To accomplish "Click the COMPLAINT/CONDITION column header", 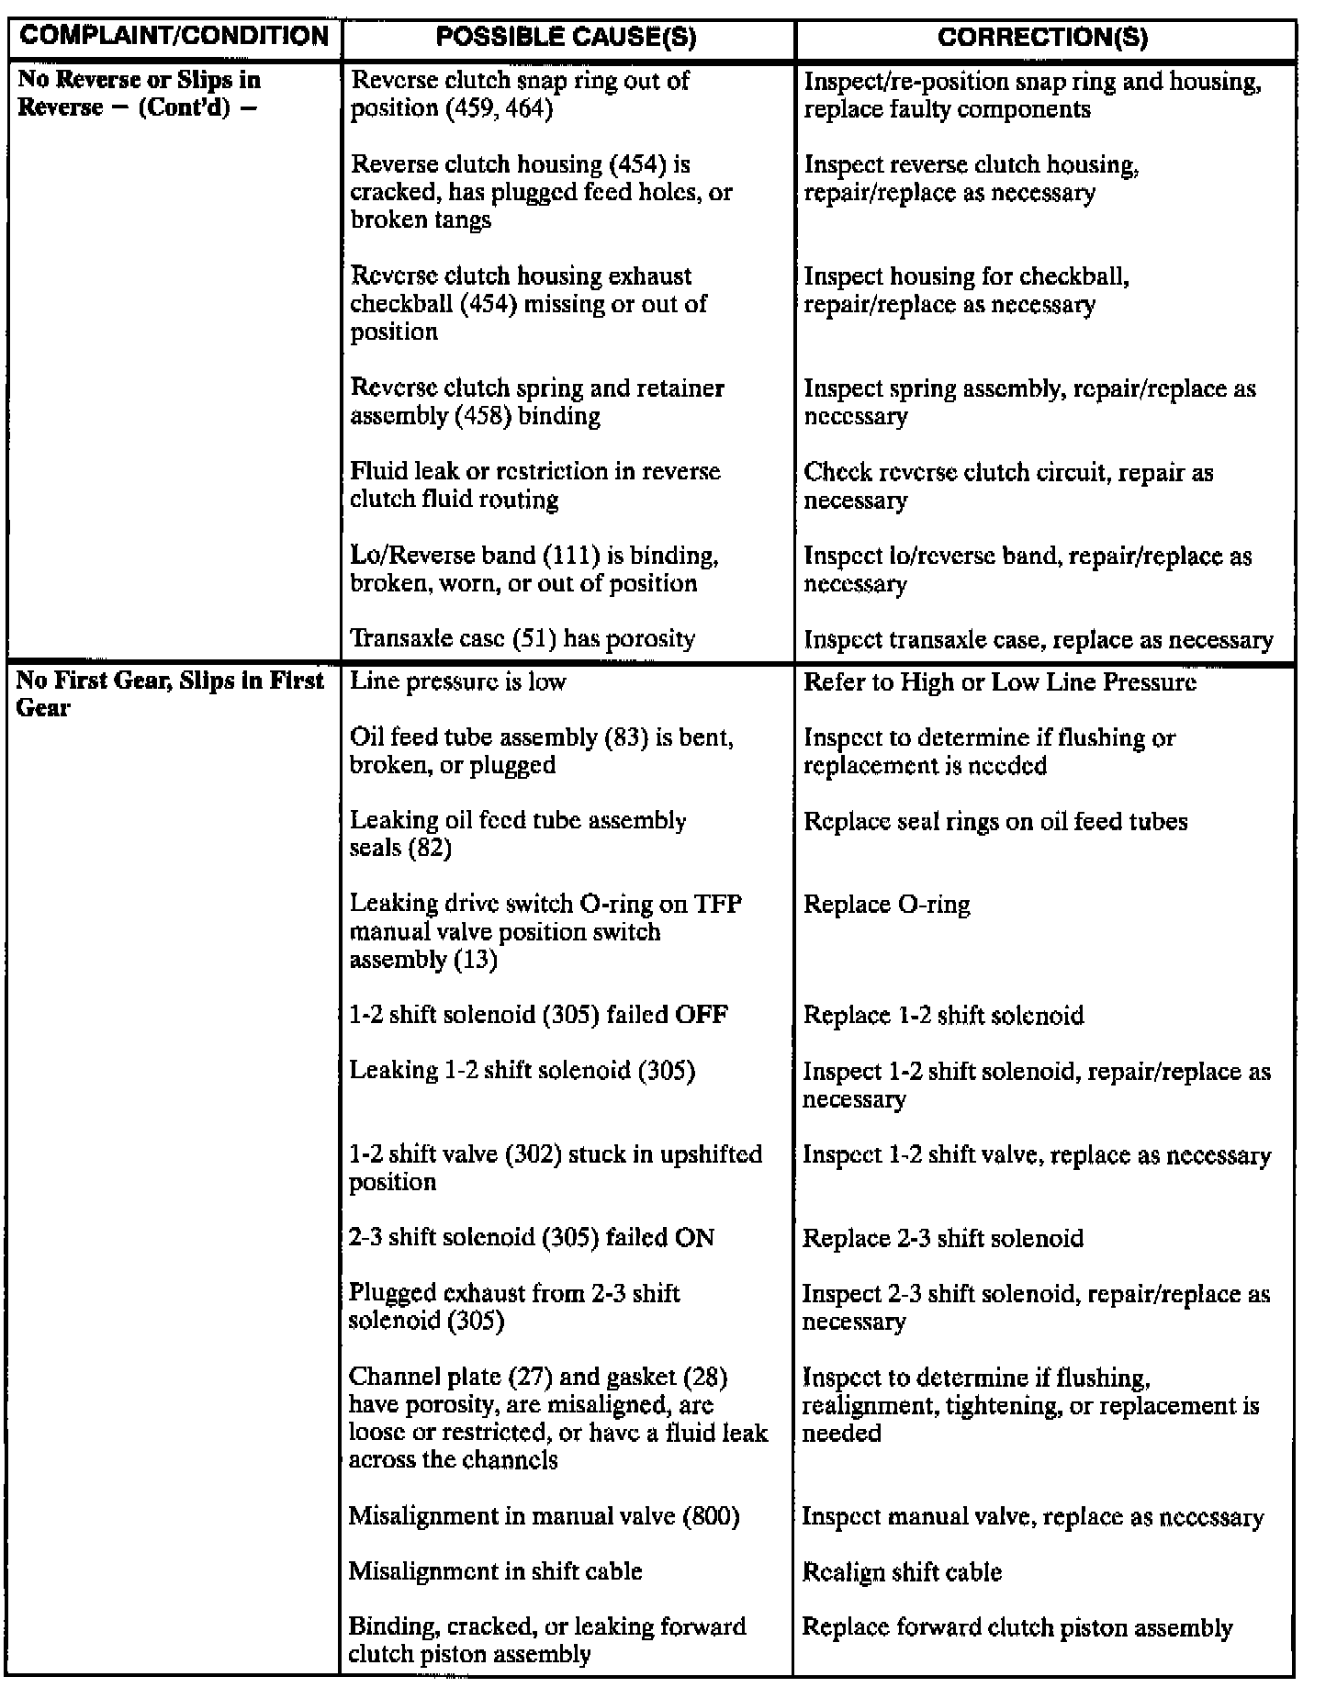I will point(174,37).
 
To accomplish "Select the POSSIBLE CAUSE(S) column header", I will point(566,38).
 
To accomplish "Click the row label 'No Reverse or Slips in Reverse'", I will point(139,94).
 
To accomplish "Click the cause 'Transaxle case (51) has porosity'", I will point(522,638).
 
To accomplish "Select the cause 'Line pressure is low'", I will point(458,681).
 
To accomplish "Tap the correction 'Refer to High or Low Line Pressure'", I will point(1000,682).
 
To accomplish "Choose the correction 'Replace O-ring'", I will point(886,905).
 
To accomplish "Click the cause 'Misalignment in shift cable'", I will point(495,1571).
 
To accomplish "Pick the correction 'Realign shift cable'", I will point(902,1572).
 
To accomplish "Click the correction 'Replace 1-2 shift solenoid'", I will point(943,1016).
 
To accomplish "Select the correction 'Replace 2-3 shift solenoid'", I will point(943,1238).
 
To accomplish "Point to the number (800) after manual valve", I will point(712,1516).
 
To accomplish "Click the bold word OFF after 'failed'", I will point(702,1016).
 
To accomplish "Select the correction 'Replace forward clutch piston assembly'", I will point(1017,1628).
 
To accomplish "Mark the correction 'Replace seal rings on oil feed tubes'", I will point(995,821).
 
